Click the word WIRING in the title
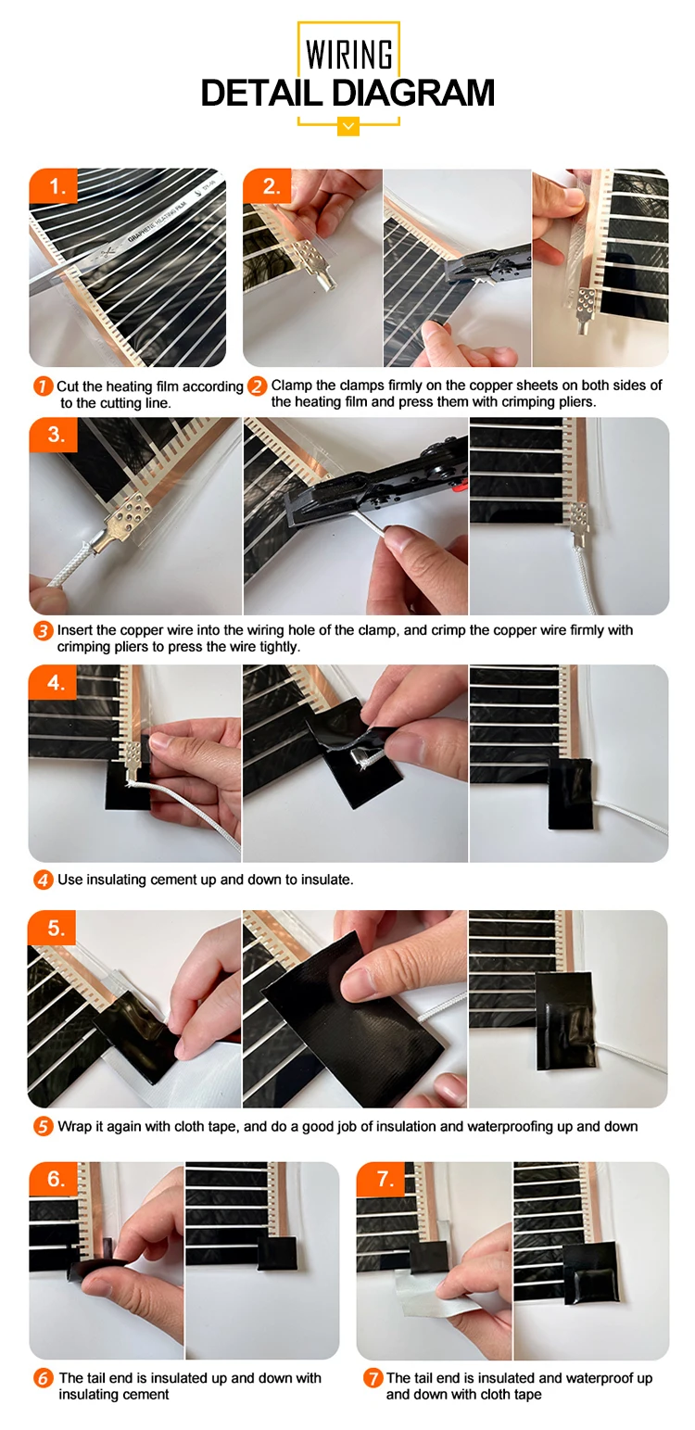[x=349, y=55]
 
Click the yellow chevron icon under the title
[x=347, y=126]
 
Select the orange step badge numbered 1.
[x=54, y=186]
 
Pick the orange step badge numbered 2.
[x=268, y=186]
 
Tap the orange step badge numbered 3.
[x=54, y=435]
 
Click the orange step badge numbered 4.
[x=54, y=682]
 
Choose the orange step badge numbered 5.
[x=52, y=928]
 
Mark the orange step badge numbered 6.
[x=54, y=1179]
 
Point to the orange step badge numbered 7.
[x=381, y=1179]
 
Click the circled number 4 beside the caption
[x=43, y=880]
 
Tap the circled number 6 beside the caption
[x=43, y=1378]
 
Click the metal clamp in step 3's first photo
[x=123, y=525]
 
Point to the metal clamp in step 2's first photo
[x=314, y=264]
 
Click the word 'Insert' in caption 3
[x=75, y=630]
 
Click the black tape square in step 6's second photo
[x=278, y=1253]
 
